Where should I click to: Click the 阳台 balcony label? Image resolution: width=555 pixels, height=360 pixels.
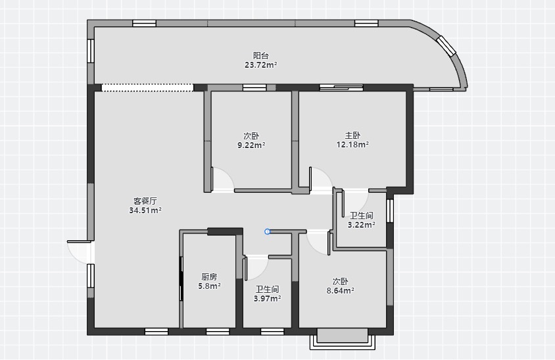(x=261, y=56)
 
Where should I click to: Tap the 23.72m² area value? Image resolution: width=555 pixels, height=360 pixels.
(x=261, y=65)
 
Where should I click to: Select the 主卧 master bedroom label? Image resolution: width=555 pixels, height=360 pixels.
(x=352, y=136)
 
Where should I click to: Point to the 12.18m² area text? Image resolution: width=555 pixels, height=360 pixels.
(x=352, y=145)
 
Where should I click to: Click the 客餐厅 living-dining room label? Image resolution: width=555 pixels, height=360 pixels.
(x=145, y=201)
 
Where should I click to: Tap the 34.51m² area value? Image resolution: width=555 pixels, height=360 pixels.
(x=145, y=211)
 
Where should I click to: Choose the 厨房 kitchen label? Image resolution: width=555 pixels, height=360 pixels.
(x=209, y=276)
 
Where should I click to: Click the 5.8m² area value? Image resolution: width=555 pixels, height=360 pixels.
(x=209, y=286)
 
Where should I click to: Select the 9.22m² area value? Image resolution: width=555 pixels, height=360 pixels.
(x=251, y=145)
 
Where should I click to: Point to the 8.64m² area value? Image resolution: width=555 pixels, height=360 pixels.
(x=340, y=291)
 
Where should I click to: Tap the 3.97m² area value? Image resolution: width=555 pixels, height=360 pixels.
(x=267, y=299)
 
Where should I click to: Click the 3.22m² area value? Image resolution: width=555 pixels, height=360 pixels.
(x=362, y=225)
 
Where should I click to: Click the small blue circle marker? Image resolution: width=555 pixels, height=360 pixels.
(x=267, y=232)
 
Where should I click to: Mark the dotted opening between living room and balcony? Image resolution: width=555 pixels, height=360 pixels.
(x=147, y=88)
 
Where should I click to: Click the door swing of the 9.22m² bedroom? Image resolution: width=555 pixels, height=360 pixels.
(x=222, y=180)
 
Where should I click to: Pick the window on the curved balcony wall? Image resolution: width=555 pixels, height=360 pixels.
(x=446, y=45)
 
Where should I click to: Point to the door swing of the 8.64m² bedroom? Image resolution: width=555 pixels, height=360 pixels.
(x=318, y=242)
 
